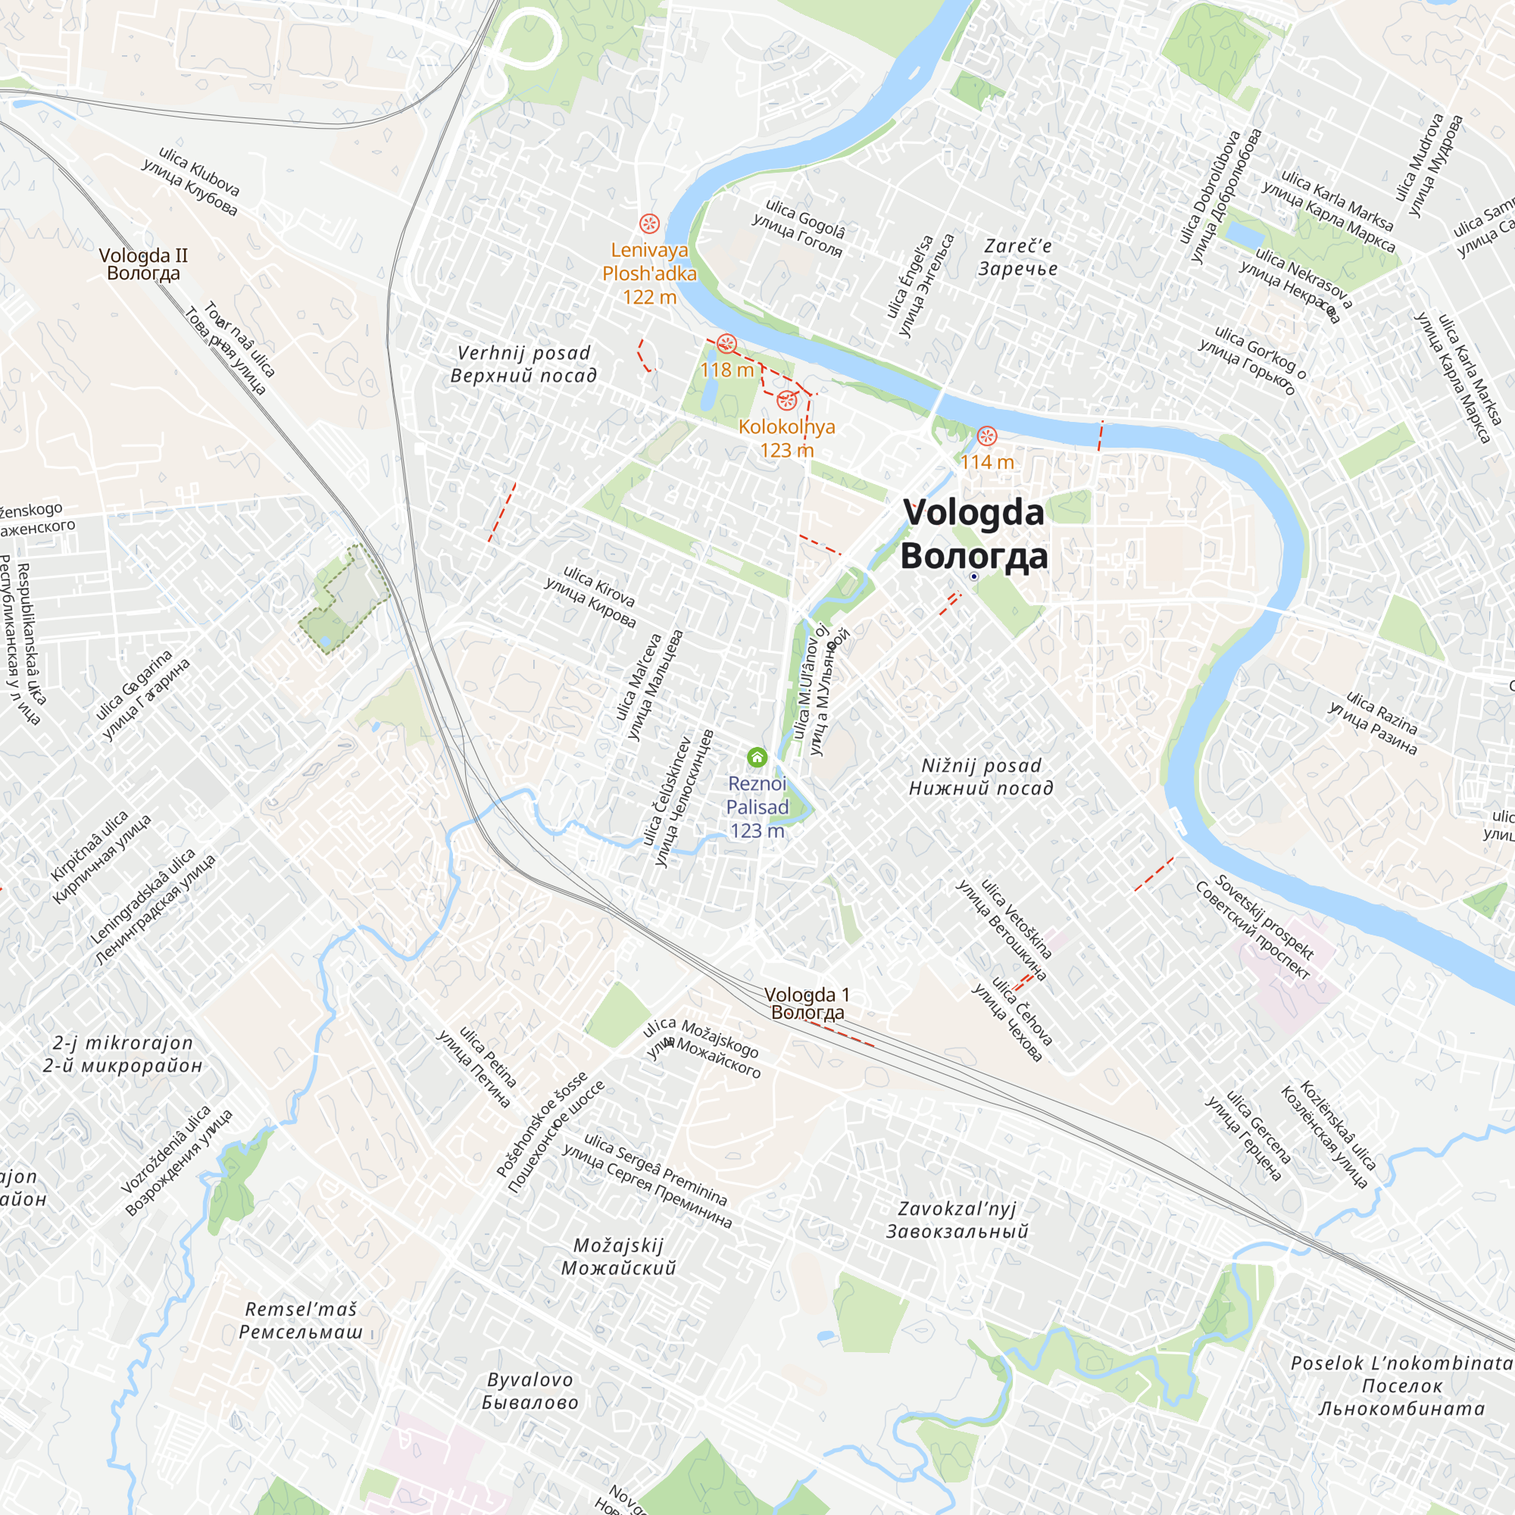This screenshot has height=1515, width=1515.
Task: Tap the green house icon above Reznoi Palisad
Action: pyautogui.click(x=757, y=757)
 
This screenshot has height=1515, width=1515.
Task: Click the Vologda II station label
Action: pyautogui.click(x=143, y=264)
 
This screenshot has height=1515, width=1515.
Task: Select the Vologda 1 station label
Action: pyautogui.click(x=807, y=1003)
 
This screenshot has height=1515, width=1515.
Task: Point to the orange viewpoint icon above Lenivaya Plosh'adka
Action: pyautogui.click(x=649, y=223)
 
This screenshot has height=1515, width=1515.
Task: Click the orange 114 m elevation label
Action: pyautogui.click(x=987, y=462)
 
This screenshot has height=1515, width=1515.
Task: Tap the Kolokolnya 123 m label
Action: pyautogui.click(x=786, y=438)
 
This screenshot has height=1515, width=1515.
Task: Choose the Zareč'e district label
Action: pyautogui.click(x=1018, y=258)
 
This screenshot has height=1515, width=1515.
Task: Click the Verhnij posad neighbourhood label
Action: pyautogui.click(x=524, y=364)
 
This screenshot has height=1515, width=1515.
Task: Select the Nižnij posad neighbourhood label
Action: pyautogui.click(x=981, y=776)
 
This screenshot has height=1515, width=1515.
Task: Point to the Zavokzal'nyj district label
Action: pyautogui.click(x=957, y=1220)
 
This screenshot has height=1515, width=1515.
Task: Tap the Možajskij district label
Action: pyautogui.click(x=619, y=1256)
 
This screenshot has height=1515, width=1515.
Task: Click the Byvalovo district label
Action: pyautogui.click(x=530, y=1391)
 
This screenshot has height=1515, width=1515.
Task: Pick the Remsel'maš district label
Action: pyautogui.click(x=301, y=1320)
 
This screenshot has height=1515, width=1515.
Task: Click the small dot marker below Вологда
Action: pyautogui.click(x=974, y=576)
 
